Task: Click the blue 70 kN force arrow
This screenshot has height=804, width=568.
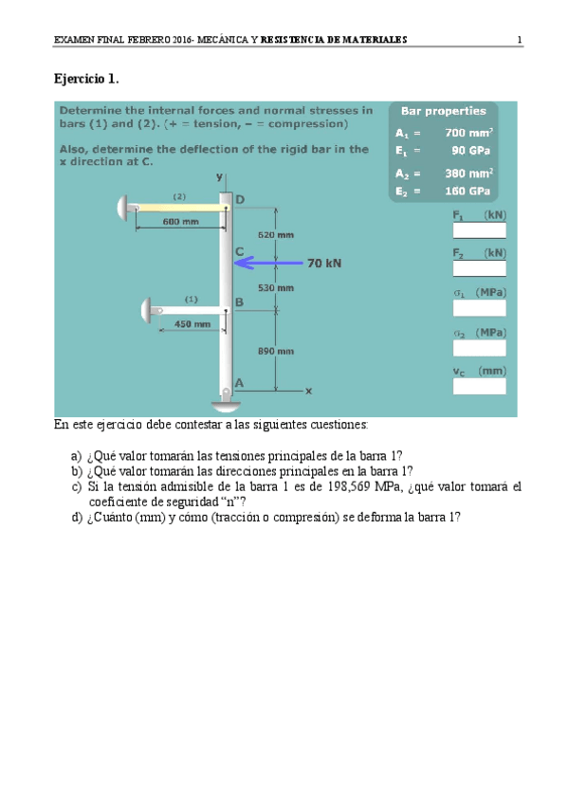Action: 268,263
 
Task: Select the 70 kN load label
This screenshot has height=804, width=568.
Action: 324,263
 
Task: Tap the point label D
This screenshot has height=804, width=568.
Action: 240,199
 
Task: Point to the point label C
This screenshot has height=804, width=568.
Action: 239,251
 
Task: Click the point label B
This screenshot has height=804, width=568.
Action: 239,302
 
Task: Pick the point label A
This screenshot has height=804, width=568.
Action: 239,383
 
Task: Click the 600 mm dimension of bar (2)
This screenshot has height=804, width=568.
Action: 180,222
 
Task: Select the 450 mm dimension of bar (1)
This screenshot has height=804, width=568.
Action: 192,324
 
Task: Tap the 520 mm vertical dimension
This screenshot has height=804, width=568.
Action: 276,235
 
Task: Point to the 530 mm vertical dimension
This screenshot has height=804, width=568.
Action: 276,287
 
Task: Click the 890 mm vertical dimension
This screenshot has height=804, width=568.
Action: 276,351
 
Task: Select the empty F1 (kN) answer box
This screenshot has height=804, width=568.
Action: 479,230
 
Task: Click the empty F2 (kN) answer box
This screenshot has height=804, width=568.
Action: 479,268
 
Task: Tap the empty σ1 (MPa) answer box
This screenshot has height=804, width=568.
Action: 479,307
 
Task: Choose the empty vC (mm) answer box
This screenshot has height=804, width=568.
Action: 479,386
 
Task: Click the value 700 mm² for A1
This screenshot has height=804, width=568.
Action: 469,133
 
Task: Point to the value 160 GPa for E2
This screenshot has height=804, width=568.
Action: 467,192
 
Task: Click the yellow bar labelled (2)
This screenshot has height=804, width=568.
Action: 182,208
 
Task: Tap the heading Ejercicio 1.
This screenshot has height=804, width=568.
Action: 86,79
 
